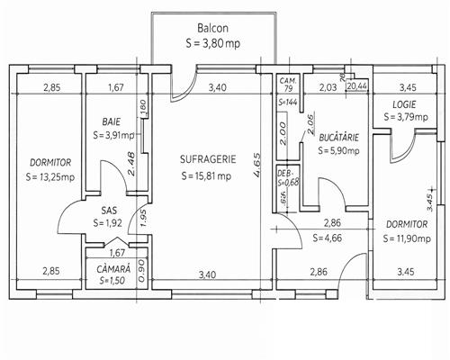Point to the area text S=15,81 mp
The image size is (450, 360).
click(206, 175)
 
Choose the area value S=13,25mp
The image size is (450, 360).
click(43, 176)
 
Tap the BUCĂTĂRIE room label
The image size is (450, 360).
click(339, 137)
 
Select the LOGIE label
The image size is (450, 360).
click(404, 104)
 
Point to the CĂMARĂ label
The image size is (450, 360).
click(114, 268)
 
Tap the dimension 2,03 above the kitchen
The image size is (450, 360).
click(328, 87)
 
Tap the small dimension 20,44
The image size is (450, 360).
click(356, 86)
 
